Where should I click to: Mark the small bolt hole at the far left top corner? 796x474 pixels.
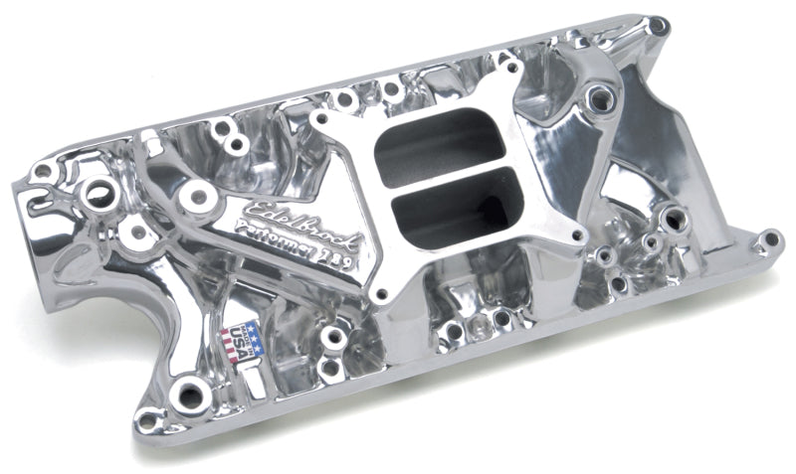(42, 171)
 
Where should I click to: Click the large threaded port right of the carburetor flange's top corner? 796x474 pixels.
(599, 97)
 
